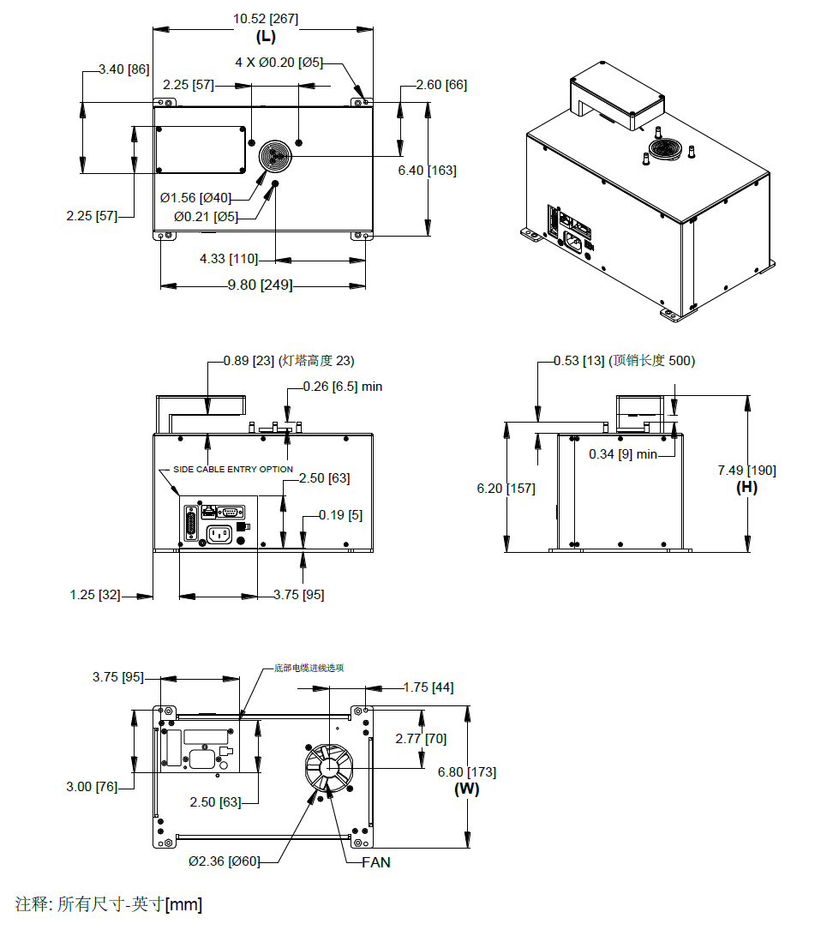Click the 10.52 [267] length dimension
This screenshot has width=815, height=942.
(266, 19)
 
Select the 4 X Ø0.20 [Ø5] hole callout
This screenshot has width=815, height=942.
(279, 63)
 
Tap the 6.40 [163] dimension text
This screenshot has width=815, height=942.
(427, 171)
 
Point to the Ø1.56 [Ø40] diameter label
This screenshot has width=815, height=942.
(195, 198)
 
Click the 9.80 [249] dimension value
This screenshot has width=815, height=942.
(260, 285)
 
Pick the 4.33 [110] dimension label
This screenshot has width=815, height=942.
(229, 259)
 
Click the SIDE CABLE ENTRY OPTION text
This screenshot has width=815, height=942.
(233, 469)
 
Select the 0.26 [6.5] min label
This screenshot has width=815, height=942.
(342, 387)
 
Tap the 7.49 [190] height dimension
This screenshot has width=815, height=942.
(746, 471)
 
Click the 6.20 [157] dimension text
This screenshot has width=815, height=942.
(506, 489)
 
